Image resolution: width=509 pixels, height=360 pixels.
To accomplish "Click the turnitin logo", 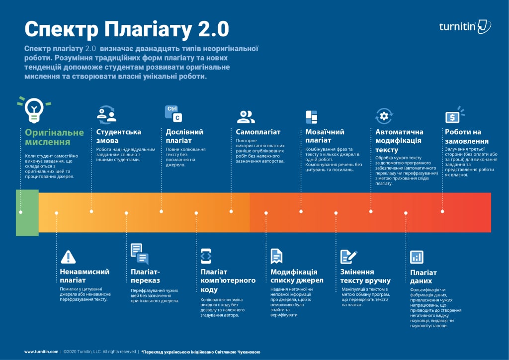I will pyautogui.click(x=465, y=26).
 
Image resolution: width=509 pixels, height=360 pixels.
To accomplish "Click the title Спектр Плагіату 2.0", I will pyautogui.click(x=127, y=29).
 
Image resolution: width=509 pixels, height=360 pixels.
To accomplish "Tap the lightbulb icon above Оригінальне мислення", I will pyautogui.click(x=34, y=109).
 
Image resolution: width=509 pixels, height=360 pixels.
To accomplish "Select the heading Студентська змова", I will pyautogui.click(x=119, y=136).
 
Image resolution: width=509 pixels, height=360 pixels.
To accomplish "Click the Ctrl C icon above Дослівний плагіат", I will pyautogui.click(x=173, y=113).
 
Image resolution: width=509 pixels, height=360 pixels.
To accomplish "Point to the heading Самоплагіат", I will pyautogui.click(x=258, y=132).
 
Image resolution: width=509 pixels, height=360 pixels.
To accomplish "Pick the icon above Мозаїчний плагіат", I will pyautogui.click(x=311, y=117).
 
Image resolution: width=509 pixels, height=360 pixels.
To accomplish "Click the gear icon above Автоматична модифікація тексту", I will pyautogui.click(x=383, y=116).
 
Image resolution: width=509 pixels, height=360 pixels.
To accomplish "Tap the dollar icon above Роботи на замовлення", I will pyautogui.click(x=452, y=117).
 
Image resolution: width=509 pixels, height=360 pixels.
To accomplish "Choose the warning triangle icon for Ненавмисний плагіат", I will pyautogui.click(x=68, y=257).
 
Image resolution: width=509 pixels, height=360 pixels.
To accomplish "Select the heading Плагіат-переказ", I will pyautogui.click(x=145, y=276).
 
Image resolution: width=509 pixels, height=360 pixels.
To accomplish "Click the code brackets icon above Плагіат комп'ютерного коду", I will pyautogui.click(x=206, y=256).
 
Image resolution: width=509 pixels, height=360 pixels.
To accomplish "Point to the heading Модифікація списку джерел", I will pyautogui.click(x=294, y=276).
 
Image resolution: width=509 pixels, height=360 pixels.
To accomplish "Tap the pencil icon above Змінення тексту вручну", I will pyautogui.click(x=348, y=257).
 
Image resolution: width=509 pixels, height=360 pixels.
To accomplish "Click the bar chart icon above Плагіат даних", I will pyautogui.click(x=417, y=257).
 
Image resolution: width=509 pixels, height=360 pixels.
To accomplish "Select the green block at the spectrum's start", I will pyautogui.click(x=27, y=212).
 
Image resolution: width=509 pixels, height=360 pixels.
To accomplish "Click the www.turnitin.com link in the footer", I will pyautogui.click(x=41, y=352).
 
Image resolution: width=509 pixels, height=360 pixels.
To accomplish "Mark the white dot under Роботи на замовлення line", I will pyautogui.click(x=442, y=211).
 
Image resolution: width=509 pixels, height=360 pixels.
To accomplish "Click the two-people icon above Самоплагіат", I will pyautogui.click(x=246, y=117).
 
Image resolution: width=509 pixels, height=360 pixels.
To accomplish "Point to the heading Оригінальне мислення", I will pyautogui.click(x=55, y=137).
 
